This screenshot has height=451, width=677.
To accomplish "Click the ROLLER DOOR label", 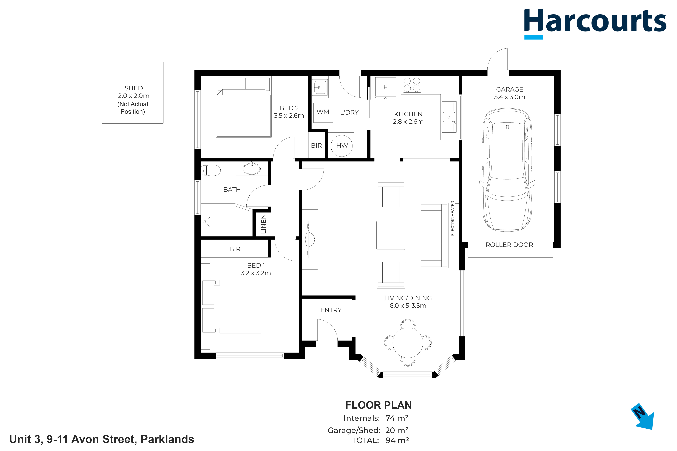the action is (x=509, y=245).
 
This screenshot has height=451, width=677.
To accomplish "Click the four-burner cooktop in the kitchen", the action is (x=412, y=84).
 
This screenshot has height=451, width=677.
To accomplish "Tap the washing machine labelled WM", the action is (x=323, y=112).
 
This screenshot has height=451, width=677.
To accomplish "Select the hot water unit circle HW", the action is (x=342, y=146).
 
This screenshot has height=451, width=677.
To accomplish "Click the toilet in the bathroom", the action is (x=210, y=170).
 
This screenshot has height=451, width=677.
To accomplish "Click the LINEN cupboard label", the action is (x=263, y=224).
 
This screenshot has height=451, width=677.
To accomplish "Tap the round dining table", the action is (x=408, y=343).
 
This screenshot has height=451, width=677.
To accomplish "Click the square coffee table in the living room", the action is (x=391, y=235).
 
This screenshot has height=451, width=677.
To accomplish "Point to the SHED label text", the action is (x=134, y=88).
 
